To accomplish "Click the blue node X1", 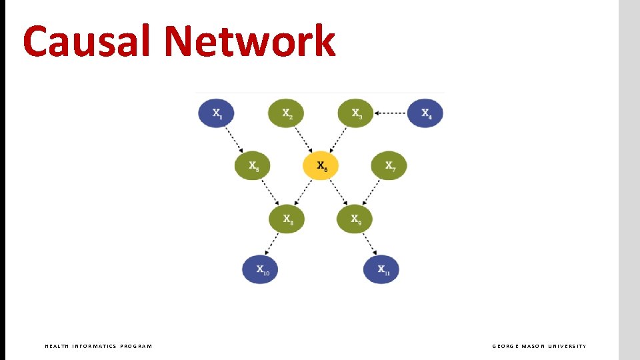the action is coord(217,113).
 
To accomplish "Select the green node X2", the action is coord(286,113).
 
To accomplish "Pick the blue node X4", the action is coord(425,113).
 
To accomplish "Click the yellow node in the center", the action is coord(321,166).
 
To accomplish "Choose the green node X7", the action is coord(389,166).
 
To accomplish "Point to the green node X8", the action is coord(286,219).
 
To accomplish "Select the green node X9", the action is coord(355,219).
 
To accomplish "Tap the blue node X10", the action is coord(260,269).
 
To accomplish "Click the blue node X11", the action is coord(381,269).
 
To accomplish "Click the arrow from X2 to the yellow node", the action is coord(303,140).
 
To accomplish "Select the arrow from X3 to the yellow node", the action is coord(338,140).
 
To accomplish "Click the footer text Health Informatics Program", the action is coord(98,346).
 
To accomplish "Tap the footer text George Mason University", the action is coord(539,346).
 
